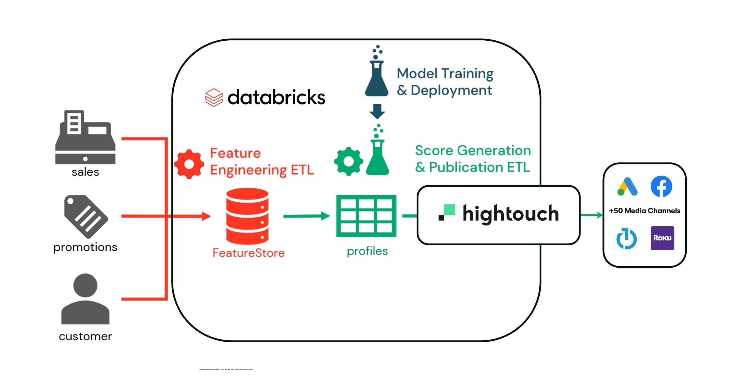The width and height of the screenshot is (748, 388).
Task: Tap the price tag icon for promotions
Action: [85, 216]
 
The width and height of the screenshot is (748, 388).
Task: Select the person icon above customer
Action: [85, 299]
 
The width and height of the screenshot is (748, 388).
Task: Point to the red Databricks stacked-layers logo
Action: [214, 97]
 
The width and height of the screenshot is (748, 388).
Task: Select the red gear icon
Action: [189, 164]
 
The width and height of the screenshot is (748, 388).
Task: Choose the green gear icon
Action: [348, 161]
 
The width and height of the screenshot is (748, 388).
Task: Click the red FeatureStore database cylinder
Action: [247, 216]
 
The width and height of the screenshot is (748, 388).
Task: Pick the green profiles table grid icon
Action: [366, 216]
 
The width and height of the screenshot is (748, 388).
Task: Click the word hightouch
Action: [510, 214]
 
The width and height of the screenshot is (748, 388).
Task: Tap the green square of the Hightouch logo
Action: [450, 210]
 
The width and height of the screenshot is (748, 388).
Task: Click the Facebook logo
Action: [661, 186]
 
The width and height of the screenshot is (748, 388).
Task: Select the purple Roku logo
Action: [662, 238]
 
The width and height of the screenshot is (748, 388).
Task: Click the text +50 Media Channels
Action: [644, 211]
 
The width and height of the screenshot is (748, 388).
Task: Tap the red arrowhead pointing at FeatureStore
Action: [206, 216]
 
